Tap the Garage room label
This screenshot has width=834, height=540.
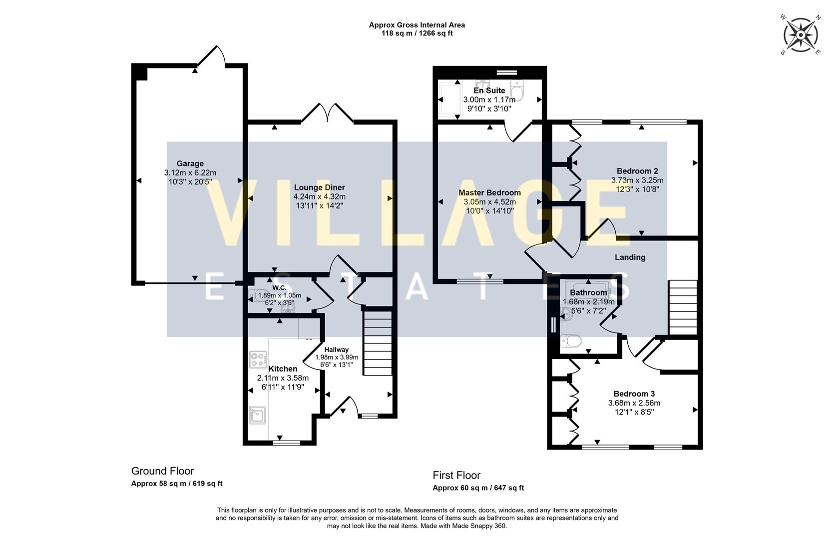pyautogui.click(x=190, y=163)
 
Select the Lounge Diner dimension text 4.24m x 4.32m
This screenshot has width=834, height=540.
pyautogui.click(x=319, y=196)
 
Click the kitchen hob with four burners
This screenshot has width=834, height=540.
pyautogui.click(x=258, y=359)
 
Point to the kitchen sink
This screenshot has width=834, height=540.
pyautogui.click(x=258, y=415)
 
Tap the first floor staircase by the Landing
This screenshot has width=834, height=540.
pyautogui.click(x=683, y=307)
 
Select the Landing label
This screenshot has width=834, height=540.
pyautogui.click(x=630, y=257)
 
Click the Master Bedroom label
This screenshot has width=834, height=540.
pyautogui.click(x=489, y=192)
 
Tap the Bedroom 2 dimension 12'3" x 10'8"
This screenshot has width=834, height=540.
pyautogui.click(x=637, y=189)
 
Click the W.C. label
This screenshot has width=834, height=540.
pyautogui.click(x=279, y=287)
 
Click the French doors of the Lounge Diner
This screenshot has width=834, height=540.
pyautogui.click(x=328, y=113)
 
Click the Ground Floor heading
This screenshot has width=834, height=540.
pyautogui.click(x=162, y=471)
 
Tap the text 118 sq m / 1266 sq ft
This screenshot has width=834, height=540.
pyautogui.click(x=417, y=33)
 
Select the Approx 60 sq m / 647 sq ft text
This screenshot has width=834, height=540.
pyautogui.click(x=478, y=488)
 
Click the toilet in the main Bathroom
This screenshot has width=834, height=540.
pyautogui.click(x=571, y=341)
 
